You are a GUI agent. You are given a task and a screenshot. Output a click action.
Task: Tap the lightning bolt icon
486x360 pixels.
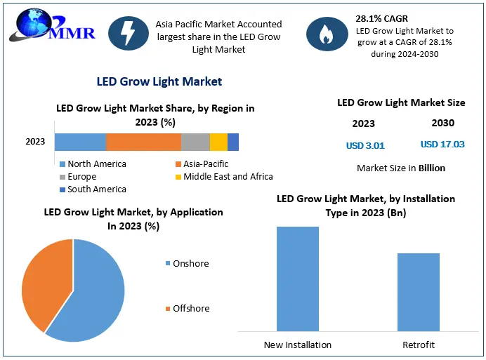click(x=128, y=34)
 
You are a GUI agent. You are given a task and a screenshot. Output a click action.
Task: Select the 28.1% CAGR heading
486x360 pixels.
click(x=383, y=19)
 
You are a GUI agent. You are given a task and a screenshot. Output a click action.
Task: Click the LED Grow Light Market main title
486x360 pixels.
click(x=159, y=81)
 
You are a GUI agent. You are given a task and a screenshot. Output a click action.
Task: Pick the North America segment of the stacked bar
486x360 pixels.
click(x=80, y=142)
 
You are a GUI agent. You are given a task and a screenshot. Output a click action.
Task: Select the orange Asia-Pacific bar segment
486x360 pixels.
click(x=143, y=142)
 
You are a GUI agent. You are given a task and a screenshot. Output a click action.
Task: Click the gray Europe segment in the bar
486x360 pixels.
click(x=195, y=142)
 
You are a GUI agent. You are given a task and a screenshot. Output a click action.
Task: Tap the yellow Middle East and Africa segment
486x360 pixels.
click(x=218, y=142)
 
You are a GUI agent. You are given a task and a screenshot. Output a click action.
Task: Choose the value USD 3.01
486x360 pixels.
click(x=365, y=146)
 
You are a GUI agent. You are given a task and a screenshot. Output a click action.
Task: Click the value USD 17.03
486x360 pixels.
click(x=442, y=145)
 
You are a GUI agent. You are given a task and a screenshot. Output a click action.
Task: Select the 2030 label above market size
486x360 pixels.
click(x=442, y=123)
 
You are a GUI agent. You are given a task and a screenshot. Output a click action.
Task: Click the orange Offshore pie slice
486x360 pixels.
click(x=46, y=281)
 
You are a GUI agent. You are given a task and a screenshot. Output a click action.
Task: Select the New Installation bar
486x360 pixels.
click(x=297, y=279)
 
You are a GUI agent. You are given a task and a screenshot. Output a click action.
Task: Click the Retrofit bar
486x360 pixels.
click(x=418, y=292)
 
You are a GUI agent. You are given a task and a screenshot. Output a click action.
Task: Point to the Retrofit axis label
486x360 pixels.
click(x=418, y=345)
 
